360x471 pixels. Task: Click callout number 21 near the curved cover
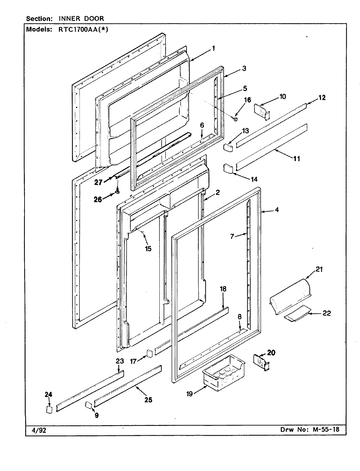pyautogui.click(x=319, y=269)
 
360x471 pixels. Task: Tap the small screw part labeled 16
pyautogui.click(x=235, y=119)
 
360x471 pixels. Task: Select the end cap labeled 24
pyautogui.click(x=49, y=410)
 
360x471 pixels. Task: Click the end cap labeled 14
pyautogui.click(x=227, y=169)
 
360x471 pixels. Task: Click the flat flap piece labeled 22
pyautogui.click(x=296, y=312)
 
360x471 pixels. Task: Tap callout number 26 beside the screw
pyautogui.click(x=98, y=199)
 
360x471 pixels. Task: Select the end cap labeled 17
pyautogui.click(x=149, y=353)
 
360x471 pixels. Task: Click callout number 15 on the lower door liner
pyautogui.click(x=148, y=249)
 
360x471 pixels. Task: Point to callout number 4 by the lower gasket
pyautogui.click(x=277, y=210)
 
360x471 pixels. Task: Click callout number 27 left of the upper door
pyautogui.click(x=98, y=182)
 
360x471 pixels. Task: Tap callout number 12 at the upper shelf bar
pyautogui.click(x=322, y=97)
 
